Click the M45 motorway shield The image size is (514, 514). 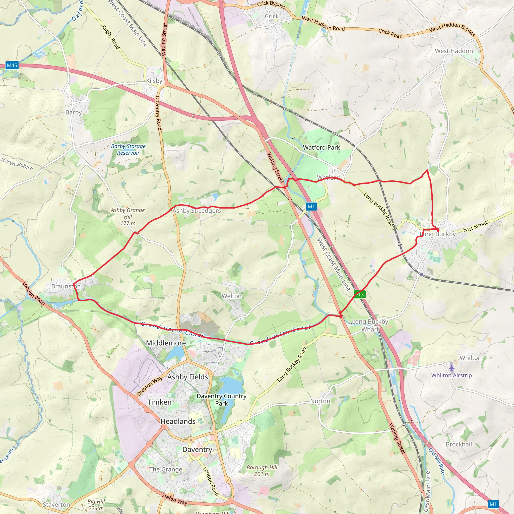(x=12, y=66)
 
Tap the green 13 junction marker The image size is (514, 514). (x=359, y=294)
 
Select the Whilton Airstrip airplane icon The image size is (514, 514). (x=452, y=368)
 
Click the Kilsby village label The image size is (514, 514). (x=154, y=81)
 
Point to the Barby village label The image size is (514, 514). (x=74, y=112)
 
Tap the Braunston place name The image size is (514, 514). (x=66, y=286)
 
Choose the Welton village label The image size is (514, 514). (x=231, y=296)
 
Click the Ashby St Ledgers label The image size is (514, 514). (x=197, y=211)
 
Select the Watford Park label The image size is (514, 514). (x=322, y=147)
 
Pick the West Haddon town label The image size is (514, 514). (x=454, y=51)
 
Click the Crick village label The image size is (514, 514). (x=272, y=16)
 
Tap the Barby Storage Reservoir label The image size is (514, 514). (x=128, y=150)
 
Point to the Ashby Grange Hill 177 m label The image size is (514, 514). (x=128, y=217)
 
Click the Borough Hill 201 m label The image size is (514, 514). (x=262, y=471)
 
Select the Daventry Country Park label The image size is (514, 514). (x=222, y=400)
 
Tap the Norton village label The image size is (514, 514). (x=320, y=401)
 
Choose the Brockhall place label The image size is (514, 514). (x=459, y=444)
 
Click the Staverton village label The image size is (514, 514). (x=56, y=505)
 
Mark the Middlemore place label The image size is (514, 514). (x=166, y=343)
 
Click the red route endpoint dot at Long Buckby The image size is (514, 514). (x=438, y=230)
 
